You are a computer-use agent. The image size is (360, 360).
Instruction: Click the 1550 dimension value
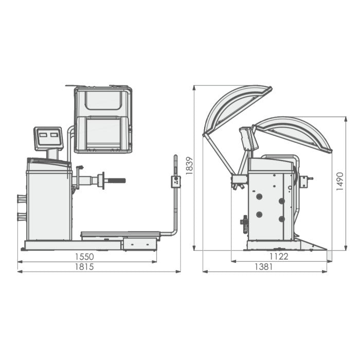click(x=84, y=257)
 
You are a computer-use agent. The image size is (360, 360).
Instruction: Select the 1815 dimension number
click(x=84, y=267)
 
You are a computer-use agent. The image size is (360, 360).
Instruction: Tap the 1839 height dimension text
click(x=189, y=166)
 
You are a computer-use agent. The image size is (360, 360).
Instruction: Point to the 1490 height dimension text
click(x=339, y=182)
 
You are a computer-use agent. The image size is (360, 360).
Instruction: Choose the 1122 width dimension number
click(x=279, y=257)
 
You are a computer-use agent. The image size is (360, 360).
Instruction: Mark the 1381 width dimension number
click(x=264, y=267)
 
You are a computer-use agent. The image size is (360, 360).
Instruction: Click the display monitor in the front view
click(x=48, y=138)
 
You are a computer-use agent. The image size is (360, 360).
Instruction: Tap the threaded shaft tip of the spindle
click(x=117, y=181)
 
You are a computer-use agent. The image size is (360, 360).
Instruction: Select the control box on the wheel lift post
click(x=176, y=182)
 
